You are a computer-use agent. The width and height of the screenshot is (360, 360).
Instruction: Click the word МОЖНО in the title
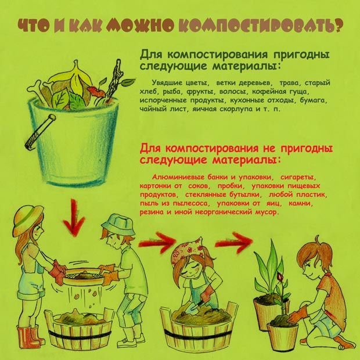tap(141, 24)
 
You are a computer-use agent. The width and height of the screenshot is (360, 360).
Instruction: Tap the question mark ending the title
tap(337, 24)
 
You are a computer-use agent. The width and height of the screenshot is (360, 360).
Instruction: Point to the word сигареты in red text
tap(298, 177)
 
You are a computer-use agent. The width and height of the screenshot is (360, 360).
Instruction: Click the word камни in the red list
tap(300, 203)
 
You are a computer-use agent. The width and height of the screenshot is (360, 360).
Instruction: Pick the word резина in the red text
tap(152, 212)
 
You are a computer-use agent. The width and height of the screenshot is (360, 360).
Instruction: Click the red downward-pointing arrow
tap(74, 218)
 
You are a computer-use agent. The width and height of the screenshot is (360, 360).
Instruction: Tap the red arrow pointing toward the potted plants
tap(234, 242)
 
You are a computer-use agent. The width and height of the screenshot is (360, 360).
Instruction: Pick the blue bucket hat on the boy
tap(119, 224)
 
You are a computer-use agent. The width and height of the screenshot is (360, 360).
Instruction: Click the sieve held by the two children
tap(84, 275)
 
